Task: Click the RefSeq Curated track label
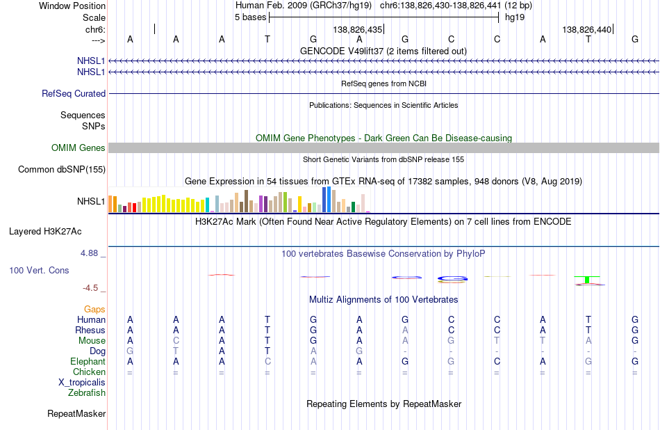(74, 94)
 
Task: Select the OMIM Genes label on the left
(79, 148)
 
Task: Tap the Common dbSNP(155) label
(62, 170)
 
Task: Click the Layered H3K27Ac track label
(45, 232)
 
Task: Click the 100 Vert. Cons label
(39, 271)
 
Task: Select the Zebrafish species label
(87, 393)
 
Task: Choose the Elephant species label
(88, 362)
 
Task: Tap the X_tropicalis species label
(82, 383)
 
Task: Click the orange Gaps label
(94, 310)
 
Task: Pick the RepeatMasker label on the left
(76, 414)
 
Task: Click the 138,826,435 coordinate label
(358, 29)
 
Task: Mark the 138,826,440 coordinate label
(587, 29)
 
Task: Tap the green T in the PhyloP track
(587, 280)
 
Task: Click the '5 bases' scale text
(250, 17)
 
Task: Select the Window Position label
(72, 6)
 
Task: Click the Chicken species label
(89, 372)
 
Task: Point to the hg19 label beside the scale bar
(515, 17)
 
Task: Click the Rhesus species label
(90, 330)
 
